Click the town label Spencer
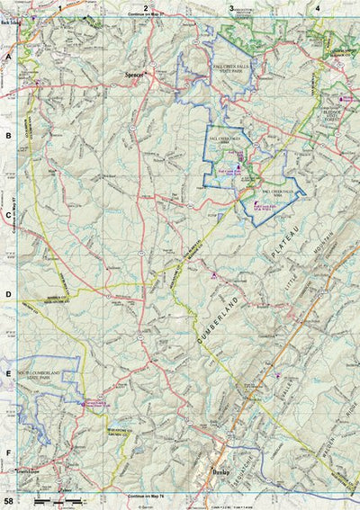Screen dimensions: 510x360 click(136, 76)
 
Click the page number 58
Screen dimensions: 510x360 click(8, 500)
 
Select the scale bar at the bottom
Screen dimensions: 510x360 click(58, 498)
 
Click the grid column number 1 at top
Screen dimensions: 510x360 click(59, 8)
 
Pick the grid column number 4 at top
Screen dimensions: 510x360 click(318, 8)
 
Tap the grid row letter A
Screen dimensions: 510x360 click(8, 56)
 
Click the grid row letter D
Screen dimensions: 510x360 click(8, 294)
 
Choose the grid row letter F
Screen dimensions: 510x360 click(8, 453)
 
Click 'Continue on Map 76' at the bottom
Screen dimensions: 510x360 click(148, 496)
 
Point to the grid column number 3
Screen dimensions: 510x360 click(231, 8)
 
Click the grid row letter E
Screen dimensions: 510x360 click(8, 373)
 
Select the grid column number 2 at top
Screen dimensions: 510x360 click(146, 8)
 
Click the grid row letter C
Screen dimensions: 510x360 click(8, 215)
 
